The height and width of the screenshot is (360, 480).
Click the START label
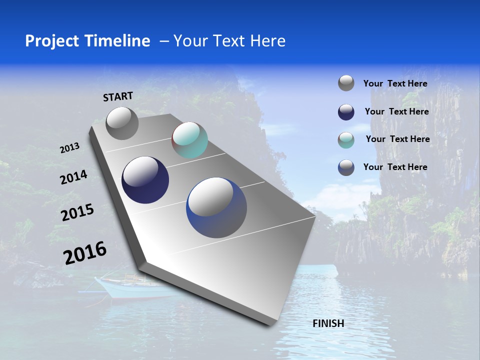tap(118, 96)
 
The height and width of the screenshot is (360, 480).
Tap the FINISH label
tap(328, 323)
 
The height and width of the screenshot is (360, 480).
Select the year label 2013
tap(69, 148)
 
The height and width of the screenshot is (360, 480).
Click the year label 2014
tap(73, 177)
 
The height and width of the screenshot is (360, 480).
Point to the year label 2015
tap(77, 213)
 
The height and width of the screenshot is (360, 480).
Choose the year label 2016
tap(85, 253)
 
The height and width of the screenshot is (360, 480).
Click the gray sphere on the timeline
tap(122, 123)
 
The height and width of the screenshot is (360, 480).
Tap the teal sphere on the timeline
tap(189, 140)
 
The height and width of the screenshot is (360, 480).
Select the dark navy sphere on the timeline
tap(145, 180)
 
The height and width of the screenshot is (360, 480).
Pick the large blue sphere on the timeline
tap(216, 207)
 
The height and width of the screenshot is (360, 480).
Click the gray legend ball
tap(346, 83)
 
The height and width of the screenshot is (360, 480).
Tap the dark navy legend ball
tap(346, 111)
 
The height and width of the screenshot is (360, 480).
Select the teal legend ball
tap(346, 139)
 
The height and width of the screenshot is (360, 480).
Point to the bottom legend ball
tap(346, 167)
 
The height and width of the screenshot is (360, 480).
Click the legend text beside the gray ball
tap(395, 83)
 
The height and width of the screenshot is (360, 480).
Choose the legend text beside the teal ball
tap(397, 139)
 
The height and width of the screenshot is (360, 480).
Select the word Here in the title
tap(267, 41)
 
